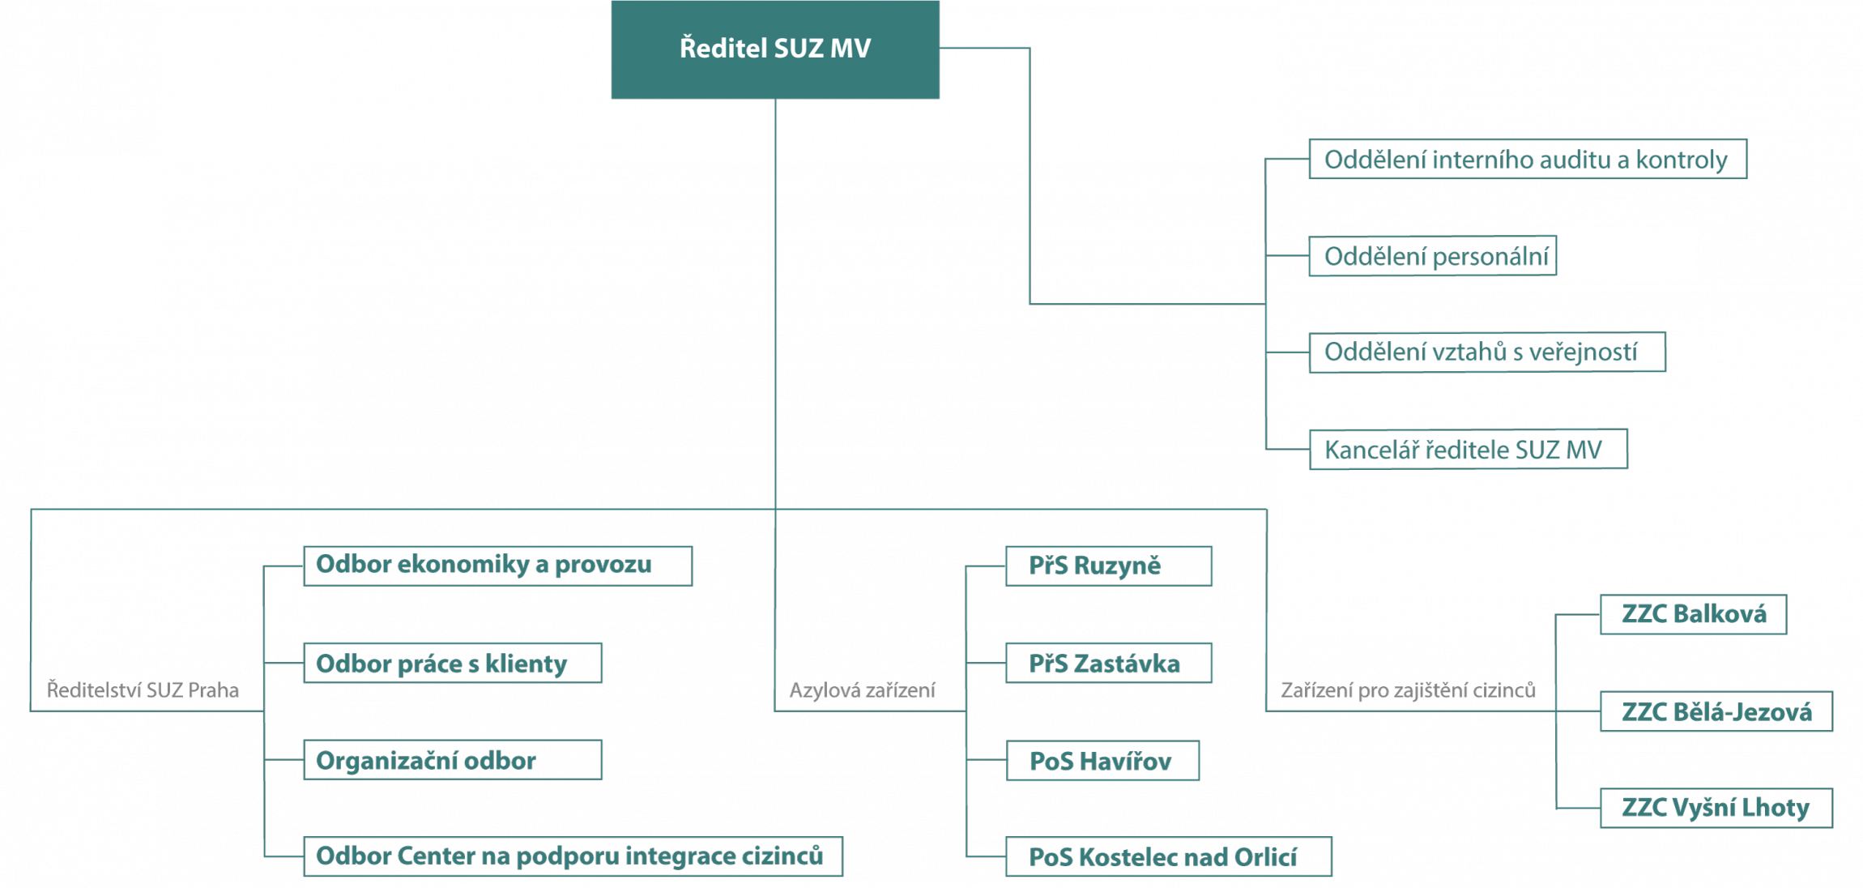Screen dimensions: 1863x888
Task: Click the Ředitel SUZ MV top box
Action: pyautogui.click(x=775, y=49)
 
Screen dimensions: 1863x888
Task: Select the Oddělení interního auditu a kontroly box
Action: pyautogui.click(x=1528, y=159)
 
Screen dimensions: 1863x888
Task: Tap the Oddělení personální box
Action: pyautogui.click(x=1432, y=256)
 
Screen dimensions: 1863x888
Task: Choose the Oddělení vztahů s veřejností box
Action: pyautogui.click(x=1487, y=352)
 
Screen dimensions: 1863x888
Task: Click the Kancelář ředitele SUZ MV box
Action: pyautogui.click(x=1468, y=449)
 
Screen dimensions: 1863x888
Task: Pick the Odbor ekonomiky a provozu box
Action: pyautogui.click(x=498, y=566)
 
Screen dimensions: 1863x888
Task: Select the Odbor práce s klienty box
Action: pyautogui.click(x=453, y=663)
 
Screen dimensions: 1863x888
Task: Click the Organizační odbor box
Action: pyautogui.click(x=453, y=760)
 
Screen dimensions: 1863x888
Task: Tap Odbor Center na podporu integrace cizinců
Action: pyautogui.click(x=573, y=856)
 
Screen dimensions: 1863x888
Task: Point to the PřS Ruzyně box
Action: pyautogui.click(x=1109, y=566)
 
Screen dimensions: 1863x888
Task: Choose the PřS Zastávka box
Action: pyautogui.click(x=1109, y=663)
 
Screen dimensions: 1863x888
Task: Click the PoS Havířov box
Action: pyautogui.click(x=1102, y=760)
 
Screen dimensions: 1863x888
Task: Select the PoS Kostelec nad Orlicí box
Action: pyautogui.click(x=1169, y=856)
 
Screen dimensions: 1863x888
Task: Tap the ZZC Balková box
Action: pyautogui.click(x=1694, y=614)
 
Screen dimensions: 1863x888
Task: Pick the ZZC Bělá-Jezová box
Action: pyautogui.click(x=1716, y=711)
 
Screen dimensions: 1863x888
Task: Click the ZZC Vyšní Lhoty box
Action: pyautogui.click(x=1716, y=808)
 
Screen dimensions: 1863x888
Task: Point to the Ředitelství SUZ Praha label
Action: pyautogui.click(x=143, y=690)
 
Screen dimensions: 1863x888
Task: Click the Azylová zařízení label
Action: pyautogui.click(x=862, y=690)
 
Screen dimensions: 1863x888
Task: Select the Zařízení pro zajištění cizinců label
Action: pyautogui.click(x=1408, y=690)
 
